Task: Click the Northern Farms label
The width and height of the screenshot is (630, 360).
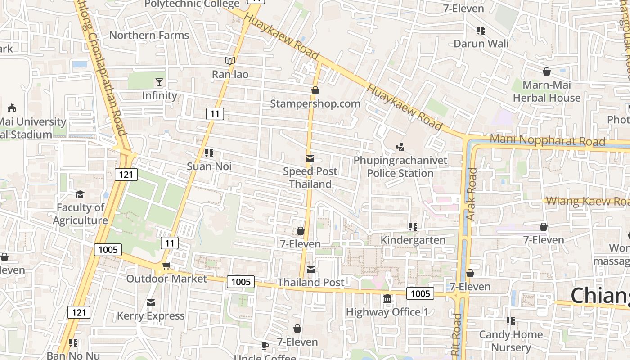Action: click(149, 35)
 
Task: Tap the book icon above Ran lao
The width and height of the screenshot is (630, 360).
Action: click(230, 61)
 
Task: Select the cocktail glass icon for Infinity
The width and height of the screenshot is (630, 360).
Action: click(159, 82)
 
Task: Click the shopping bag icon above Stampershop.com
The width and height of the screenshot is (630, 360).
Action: click(315, 90)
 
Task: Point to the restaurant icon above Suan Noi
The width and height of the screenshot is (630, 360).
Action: click(209, 153)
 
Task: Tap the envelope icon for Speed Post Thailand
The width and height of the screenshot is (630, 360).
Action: click(310, 158)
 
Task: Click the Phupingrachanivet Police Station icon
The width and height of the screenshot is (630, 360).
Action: click(400, 147)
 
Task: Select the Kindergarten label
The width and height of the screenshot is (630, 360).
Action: click(413, 240)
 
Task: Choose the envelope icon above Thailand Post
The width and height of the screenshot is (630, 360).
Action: click(311, 270)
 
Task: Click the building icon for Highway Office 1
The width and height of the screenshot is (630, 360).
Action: click(387, 299)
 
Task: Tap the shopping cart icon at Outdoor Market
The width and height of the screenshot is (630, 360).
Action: click(166, 266)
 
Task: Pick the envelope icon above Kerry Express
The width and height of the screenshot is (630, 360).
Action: click(151, 303)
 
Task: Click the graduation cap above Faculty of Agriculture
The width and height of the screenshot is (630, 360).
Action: click(80, 194)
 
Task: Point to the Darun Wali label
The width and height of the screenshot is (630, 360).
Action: click(481, 44)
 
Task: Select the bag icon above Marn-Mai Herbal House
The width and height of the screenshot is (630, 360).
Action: click(547, 72)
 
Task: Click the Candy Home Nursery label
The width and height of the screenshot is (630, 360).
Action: click(511, 341)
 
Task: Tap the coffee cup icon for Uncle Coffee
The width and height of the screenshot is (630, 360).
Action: click(265, 346)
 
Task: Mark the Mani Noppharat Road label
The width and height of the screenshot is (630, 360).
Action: click(547, 140)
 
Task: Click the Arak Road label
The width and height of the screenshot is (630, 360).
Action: click(472, 194)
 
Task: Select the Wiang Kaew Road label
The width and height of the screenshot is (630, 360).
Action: click(587, 202)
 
